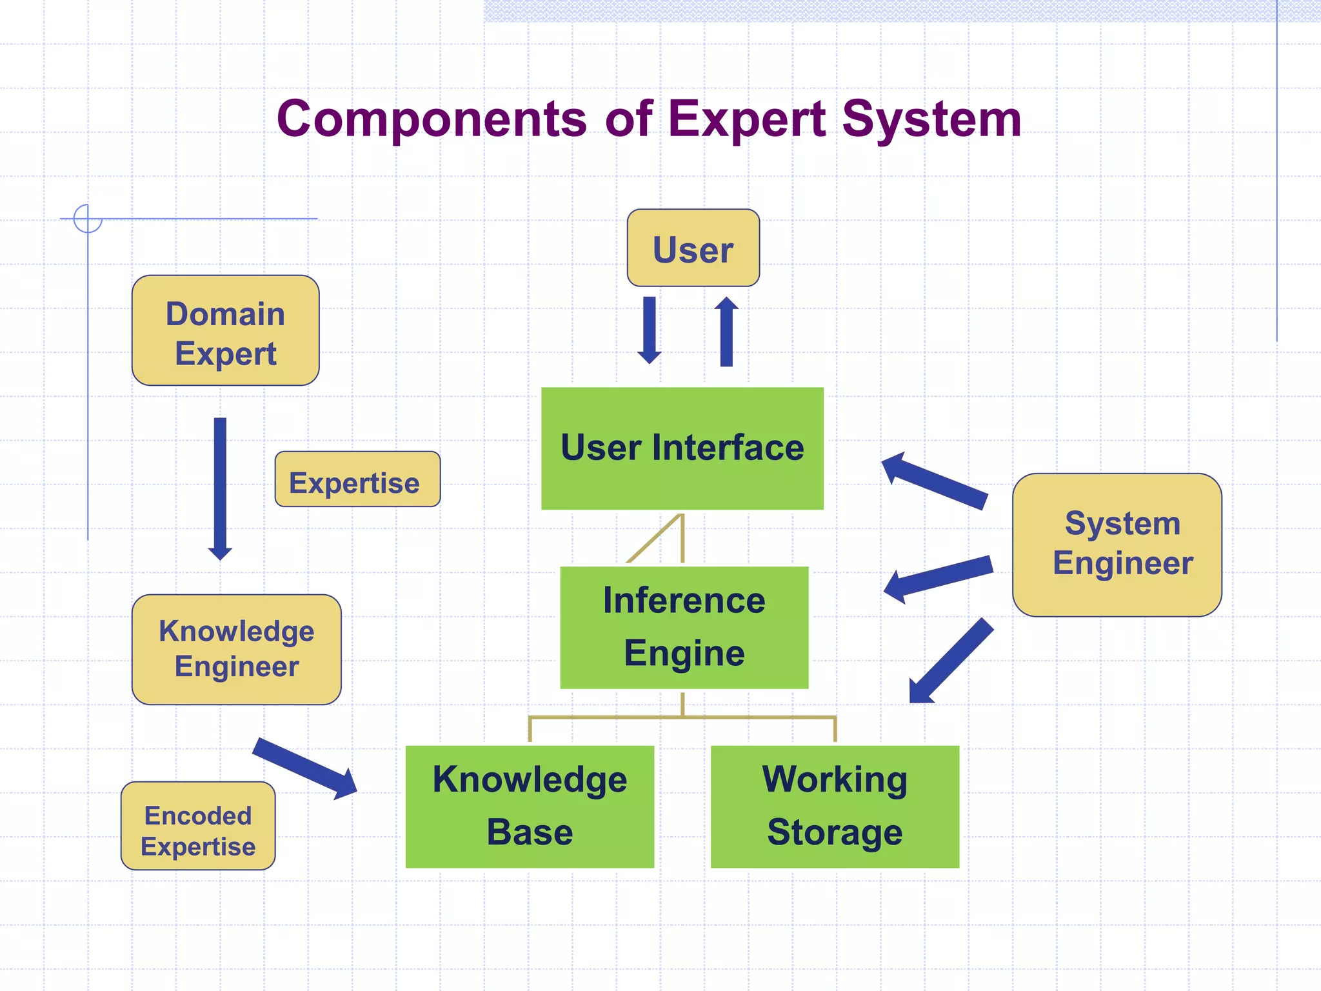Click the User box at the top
tap(693, 248)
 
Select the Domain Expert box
tap(225, 330)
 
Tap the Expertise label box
tap(357, 479)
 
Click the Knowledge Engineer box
tap(236, 649)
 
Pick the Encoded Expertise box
tap(198, 826)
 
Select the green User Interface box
tap(682, 448)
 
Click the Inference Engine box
tap(684, 627)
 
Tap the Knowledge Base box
tap(530, 806)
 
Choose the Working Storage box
tap(835, 806)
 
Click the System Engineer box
tap(1117, 545)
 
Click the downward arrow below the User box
tap(650, 329)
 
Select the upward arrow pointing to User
tap(726, 332)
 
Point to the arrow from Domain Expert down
tap(220, 488)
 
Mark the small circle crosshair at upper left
tap(88, 218)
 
